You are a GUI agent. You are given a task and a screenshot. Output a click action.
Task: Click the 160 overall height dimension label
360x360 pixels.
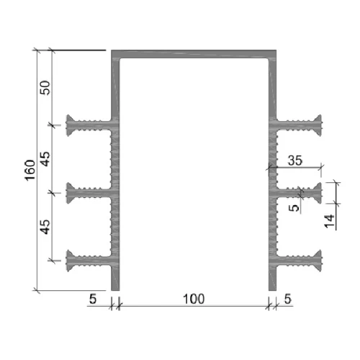(30, 170)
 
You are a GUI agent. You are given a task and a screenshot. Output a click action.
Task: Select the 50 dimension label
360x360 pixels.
(45, 88)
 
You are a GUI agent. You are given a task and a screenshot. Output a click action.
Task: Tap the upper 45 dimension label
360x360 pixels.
(45, 159)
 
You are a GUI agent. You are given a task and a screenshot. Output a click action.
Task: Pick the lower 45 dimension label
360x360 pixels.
(45, 227)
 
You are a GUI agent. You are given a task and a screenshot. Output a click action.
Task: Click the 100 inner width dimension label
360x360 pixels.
(194, 299)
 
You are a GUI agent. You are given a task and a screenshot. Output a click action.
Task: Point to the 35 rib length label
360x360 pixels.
(295, 161)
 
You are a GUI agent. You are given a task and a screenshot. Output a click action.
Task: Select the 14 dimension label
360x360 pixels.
(329, 221)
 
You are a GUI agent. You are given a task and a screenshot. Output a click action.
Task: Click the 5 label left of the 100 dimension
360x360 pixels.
(93, 299)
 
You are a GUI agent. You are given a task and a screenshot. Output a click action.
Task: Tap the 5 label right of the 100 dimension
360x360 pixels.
(287, 299)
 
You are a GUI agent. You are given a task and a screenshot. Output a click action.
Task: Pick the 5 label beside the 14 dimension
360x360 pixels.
(294, 208)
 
